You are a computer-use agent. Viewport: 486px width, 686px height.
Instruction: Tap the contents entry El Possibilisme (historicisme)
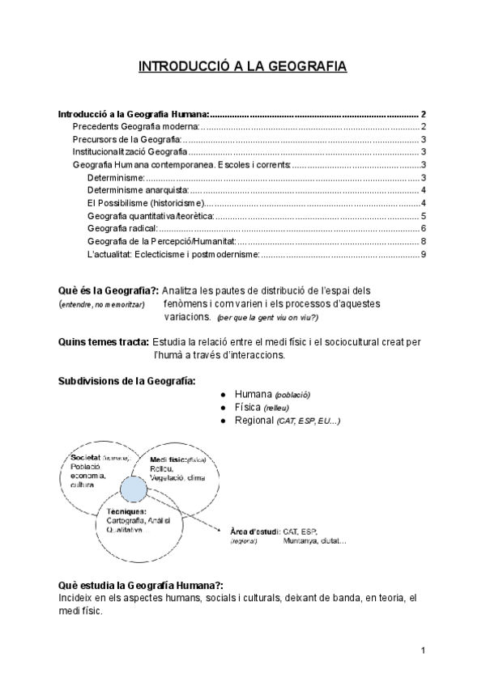click(147, 203)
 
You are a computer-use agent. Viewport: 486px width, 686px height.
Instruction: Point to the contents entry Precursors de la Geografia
click(127, 139)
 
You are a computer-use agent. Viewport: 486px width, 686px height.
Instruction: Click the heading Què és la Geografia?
click(108, 290)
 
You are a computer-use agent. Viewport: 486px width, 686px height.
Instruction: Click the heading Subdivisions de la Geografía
click(126, 381)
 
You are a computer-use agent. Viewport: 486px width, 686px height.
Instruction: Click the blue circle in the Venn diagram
click(134, 489)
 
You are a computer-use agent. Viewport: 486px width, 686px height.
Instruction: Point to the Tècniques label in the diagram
click(126, 510)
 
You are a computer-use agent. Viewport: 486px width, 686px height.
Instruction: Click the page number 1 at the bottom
click(424, 650)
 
